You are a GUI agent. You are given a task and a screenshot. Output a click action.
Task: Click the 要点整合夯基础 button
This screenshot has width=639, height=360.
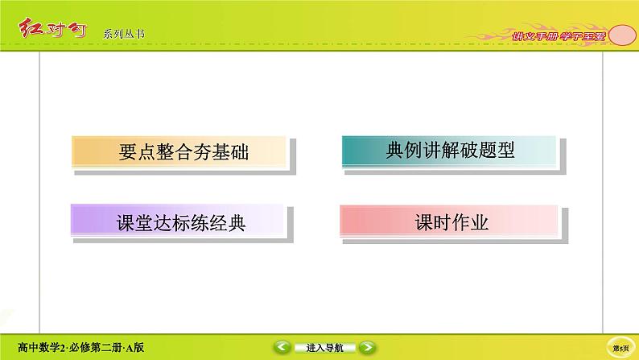click(x=179, y=152)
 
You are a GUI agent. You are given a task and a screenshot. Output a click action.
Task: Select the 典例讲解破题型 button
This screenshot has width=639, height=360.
click(x=449, y=151)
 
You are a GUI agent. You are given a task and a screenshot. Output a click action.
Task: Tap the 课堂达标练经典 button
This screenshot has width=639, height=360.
click(x=179, y=221)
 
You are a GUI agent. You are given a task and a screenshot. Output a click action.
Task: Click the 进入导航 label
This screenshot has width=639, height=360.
click(x=324, y=348)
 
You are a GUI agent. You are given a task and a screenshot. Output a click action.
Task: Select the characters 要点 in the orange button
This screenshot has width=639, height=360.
click(x=131, y=152)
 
